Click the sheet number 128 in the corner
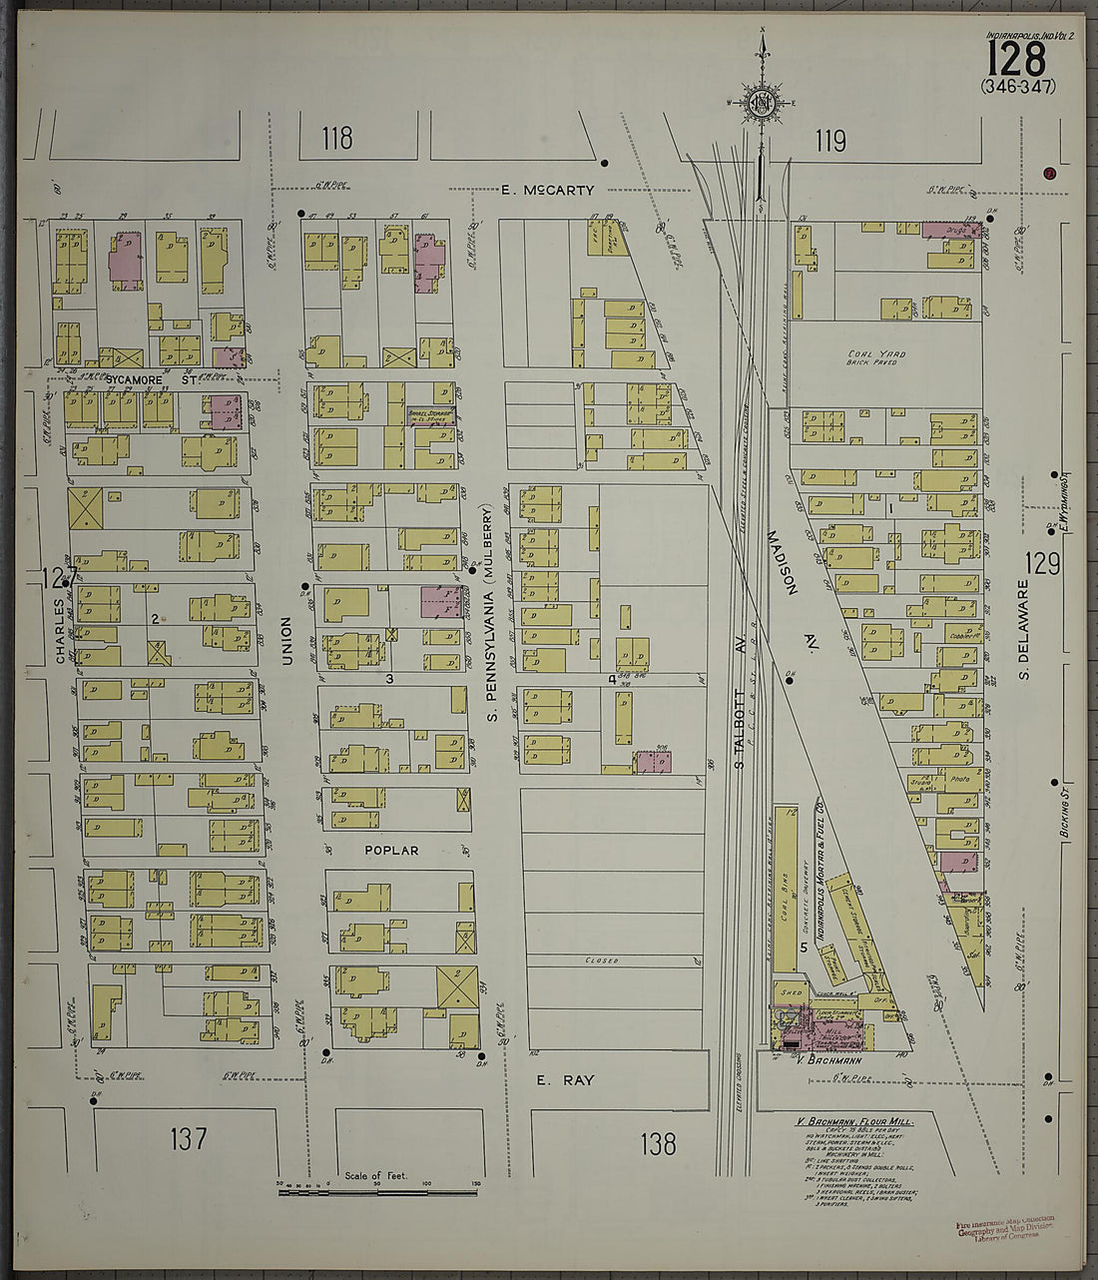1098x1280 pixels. coord(1016,57)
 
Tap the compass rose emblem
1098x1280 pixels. coord(763,103)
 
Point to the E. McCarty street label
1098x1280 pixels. coord(547,190)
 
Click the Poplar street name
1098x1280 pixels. coord(390,851)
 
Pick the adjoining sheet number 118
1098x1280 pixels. coord(337,139)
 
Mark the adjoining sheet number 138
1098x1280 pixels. coord(658,1143)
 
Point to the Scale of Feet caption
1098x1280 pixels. coord(376,1176)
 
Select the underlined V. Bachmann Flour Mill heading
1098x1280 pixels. coord(853,1122)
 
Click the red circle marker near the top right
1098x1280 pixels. coord(1049,173)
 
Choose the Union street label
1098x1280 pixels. coord(286,640)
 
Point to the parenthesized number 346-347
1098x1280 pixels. coord(1018,86)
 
